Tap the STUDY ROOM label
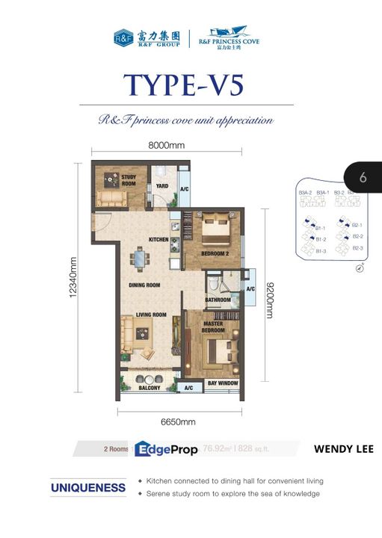[129, 180]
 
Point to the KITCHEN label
[158, 240]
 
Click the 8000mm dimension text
[166, 146]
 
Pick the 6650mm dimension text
[178, 421]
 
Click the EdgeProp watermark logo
[165, 448]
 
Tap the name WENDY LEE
[344, 449]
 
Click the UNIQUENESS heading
[88, 487]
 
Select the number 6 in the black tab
[363, 178]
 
